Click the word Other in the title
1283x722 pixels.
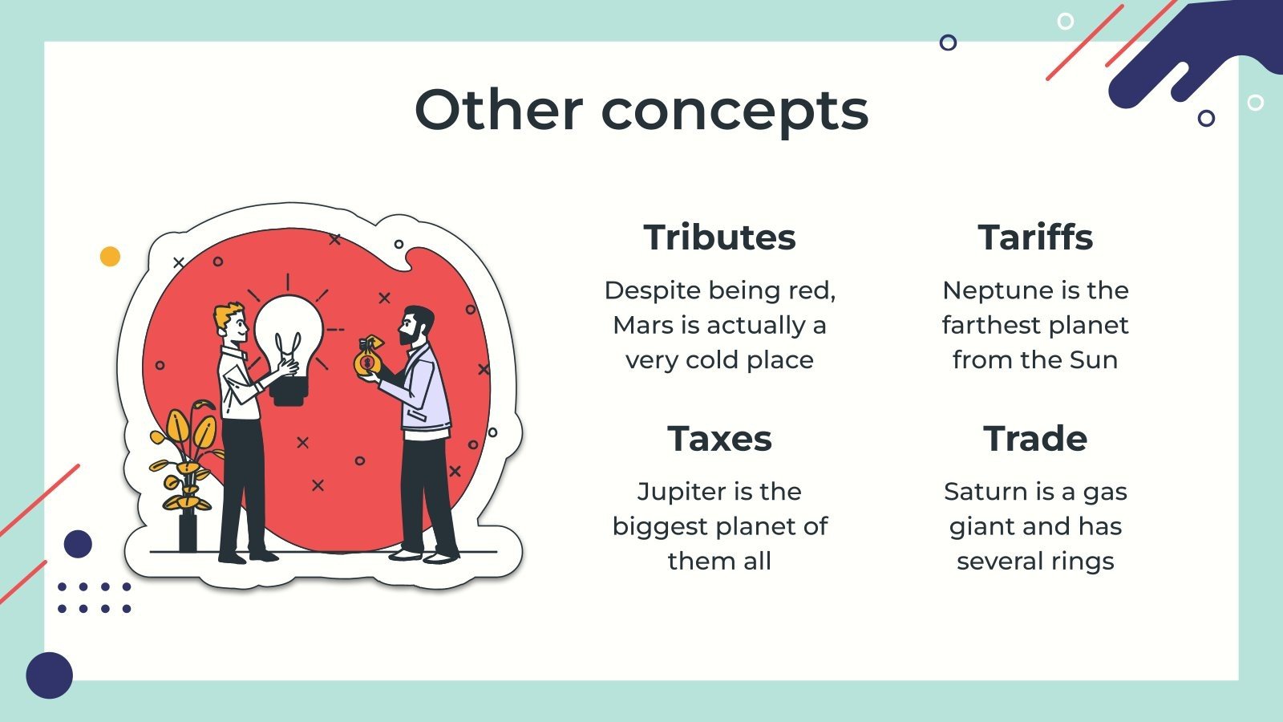498,110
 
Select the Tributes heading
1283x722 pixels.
719,237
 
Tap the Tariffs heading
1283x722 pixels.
1035,237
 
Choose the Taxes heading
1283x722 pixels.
719,439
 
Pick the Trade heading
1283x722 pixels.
1035,439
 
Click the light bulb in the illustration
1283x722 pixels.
289,337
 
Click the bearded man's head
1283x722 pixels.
417,325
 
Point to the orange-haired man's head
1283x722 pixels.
232,321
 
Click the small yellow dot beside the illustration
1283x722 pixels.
110,256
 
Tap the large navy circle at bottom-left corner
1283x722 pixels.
50,675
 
